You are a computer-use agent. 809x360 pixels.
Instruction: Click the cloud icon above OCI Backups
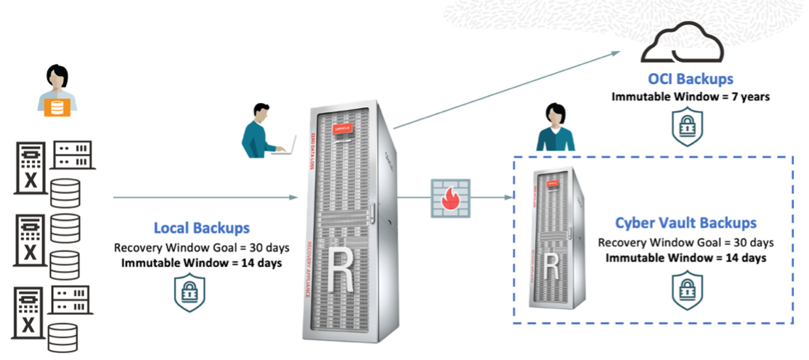coord(682,45)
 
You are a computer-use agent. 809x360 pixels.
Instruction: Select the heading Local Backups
coord(202,228)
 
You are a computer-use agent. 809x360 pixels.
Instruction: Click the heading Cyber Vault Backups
coord(685,223)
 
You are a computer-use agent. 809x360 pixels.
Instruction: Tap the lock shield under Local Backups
coord(190,293)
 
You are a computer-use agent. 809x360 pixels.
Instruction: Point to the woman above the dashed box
coord(555,129)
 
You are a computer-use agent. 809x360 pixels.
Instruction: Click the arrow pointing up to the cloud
coord(504,89)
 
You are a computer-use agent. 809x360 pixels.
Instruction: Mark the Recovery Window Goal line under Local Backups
coord(202,248)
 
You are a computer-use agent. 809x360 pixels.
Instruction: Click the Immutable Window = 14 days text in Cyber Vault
coord(685,258)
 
